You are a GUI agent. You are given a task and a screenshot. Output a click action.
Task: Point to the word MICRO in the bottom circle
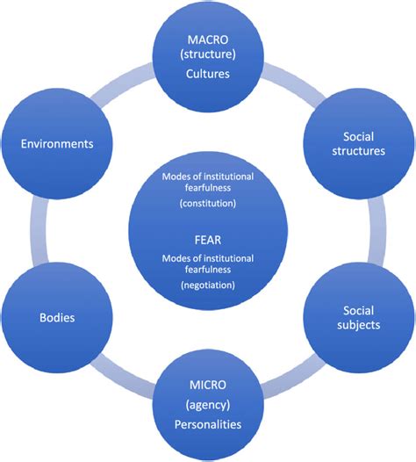[208, 384]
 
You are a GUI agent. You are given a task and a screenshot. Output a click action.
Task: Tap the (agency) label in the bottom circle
[208, 406]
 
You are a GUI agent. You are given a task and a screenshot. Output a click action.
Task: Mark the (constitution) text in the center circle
[208, 203]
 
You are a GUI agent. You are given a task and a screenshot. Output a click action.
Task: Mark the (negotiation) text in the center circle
[208, 285]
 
